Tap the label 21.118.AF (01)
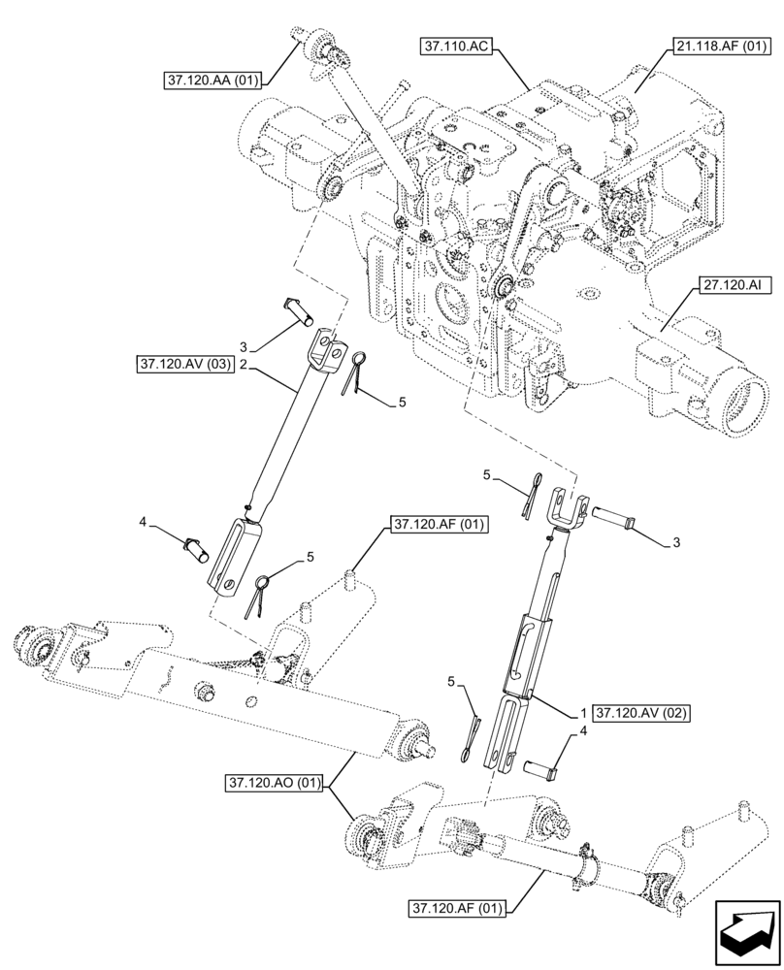717,46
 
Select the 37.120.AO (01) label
276,782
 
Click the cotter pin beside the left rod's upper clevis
355,372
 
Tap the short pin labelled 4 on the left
198,546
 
